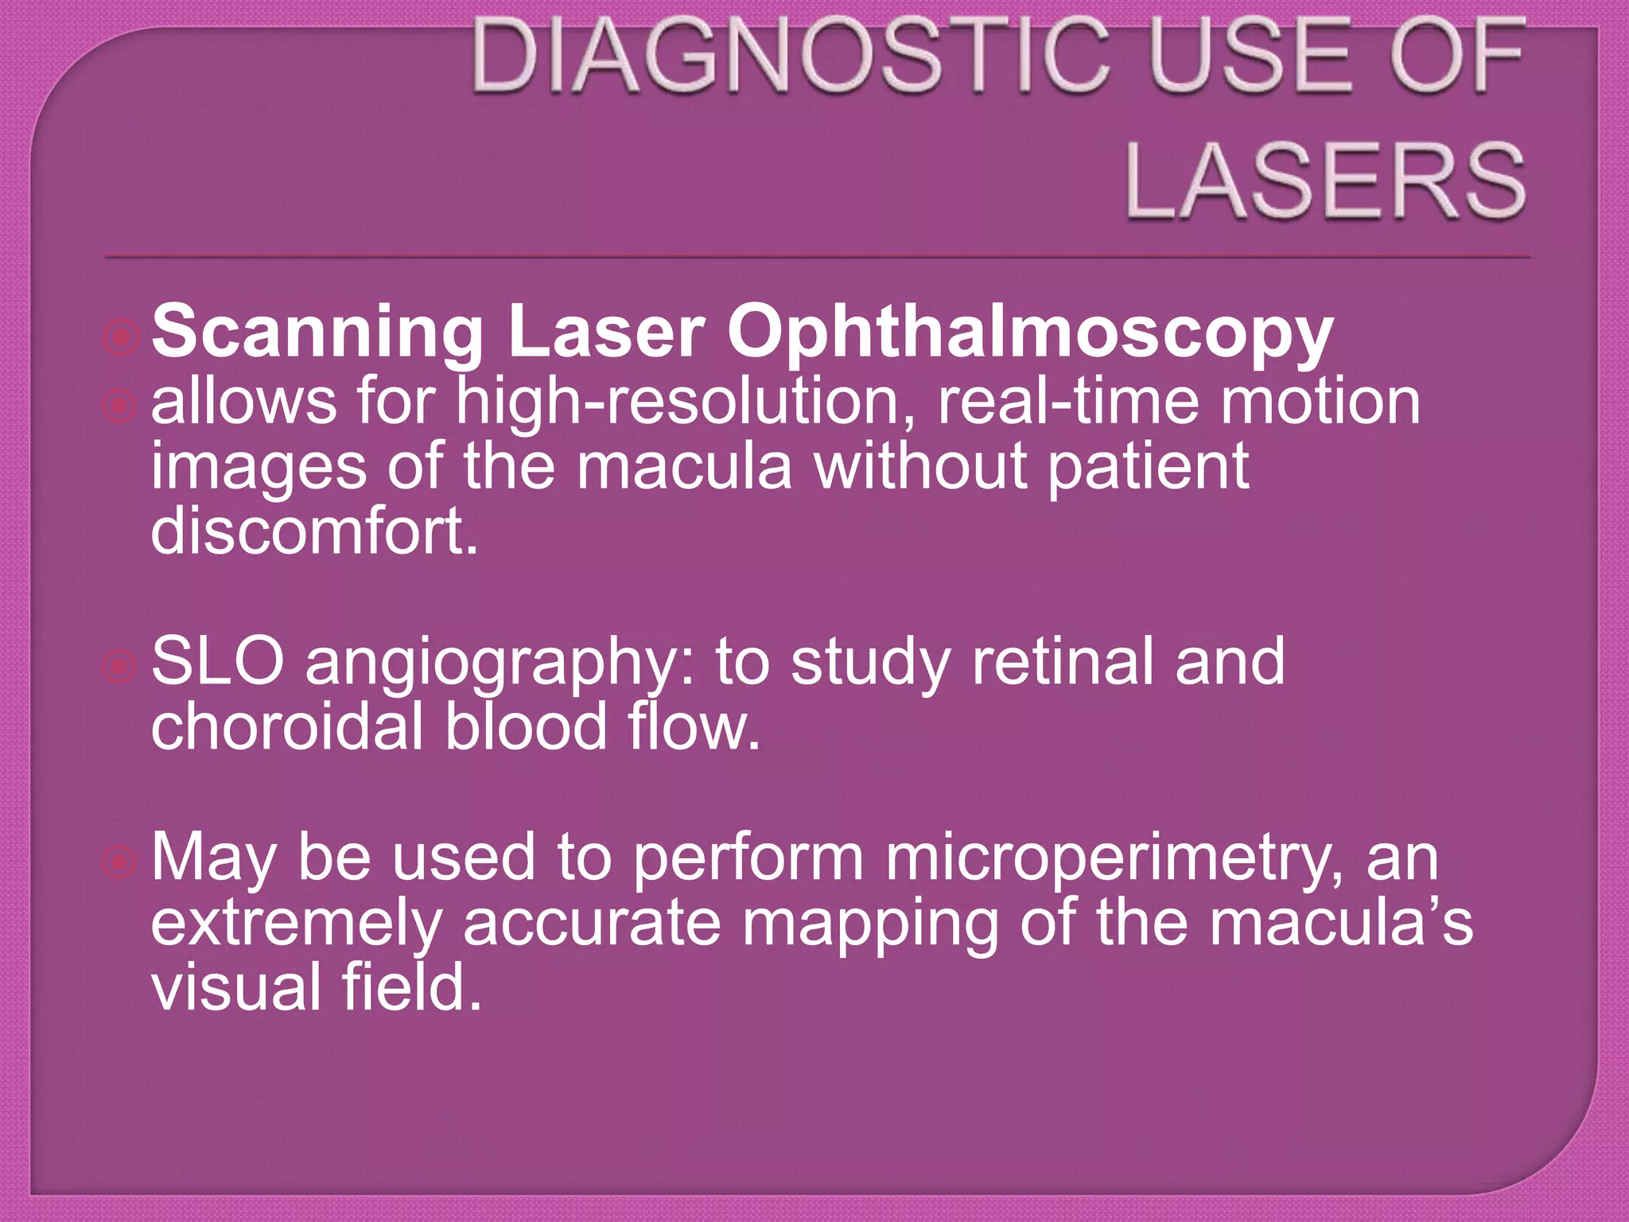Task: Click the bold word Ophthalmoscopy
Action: point(1029,333)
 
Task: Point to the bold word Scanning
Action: point(317,333)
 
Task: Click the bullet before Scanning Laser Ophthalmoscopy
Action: point(121,338)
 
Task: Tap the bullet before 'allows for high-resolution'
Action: point(121,407)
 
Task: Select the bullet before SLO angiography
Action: point(121,667)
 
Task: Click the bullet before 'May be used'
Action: point(121,862)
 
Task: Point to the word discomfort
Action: point(315,531)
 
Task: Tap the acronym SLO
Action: point(217,662)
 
